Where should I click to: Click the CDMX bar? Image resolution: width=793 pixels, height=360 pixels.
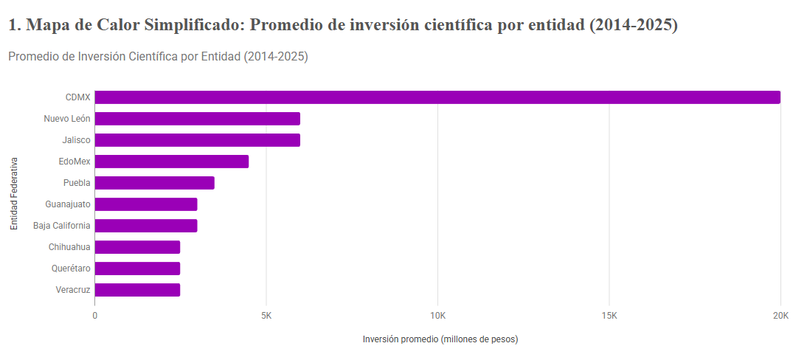(x=437, y=97)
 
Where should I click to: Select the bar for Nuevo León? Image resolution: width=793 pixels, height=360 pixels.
(x=198, y=119)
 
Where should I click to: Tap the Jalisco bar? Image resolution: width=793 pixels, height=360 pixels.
(x=198, y=140)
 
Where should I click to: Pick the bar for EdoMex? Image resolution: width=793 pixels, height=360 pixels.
(x=172, y=162)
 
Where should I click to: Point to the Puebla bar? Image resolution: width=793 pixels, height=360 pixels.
(x=155, y=183)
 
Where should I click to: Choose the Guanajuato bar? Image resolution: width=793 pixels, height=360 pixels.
(x=146, y=204)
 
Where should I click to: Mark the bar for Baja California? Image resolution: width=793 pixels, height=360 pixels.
(x=146, y=226)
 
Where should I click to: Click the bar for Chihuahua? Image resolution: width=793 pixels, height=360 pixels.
(x=137, y=247)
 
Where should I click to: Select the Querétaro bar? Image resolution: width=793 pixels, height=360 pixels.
(x=137, y=269)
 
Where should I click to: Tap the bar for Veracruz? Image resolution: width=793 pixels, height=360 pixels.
(x=137, y=290)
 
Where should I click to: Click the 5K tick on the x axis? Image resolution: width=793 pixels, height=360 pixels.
(x=266, y=316)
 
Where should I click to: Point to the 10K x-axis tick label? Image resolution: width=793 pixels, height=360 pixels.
(x=437, y=316)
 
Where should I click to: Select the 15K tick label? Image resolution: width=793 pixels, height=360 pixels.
(x=609, y=316)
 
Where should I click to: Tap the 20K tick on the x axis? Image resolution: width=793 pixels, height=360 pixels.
(x=780, y=316)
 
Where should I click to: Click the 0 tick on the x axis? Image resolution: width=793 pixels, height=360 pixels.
(x=95, y=316)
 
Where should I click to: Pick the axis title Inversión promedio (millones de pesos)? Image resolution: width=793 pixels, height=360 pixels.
(x=440, y=339)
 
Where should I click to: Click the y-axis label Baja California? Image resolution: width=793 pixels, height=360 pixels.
(x=62, y=226)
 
